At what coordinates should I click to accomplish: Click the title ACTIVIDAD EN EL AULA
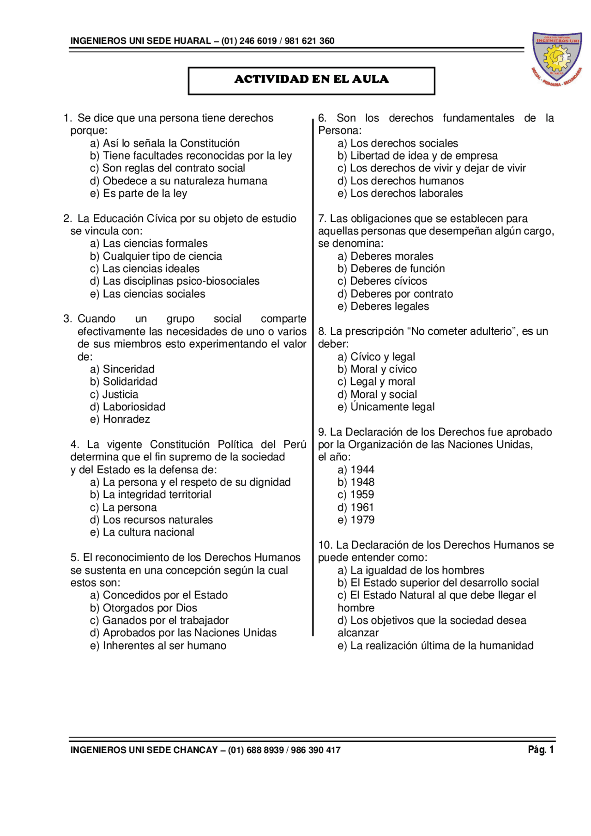pyautogui.click(x=311, y=79)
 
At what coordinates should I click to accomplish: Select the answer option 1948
pyautogui.click(x=356, y=482)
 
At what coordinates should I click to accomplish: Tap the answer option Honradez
pyautogui.click(x=120, y=419)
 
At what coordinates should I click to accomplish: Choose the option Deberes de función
pyautogui.click(x=391, y=268)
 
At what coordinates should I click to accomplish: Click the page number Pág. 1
pyautogui.click(x=541, y=750)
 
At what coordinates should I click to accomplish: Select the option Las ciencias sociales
pyautogui.click(x=148, y=294)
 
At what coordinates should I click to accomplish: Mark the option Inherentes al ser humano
pyautogui.click(x=158, y=646)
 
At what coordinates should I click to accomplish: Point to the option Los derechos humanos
pyautogui.click(x=400, y=181)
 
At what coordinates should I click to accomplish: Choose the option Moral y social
pyautogui.click(x=377, y=394)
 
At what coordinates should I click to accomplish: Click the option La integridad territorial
pyautogui.click(x=151, y=494)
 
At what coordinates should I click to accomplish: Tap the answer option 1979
pyautogui.click(x=356, y=520)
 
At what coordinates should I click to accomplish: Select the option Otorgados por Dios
pyautogui.click(x=144, y=608)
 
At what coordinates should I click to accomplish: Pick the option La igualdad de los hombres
pyautogui.click(x=411, y=570)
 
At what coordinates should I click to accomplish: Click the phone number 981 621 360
pyautogui.click(x=309, y=41)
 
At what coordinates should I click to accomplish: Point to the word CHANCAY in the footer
pyautogui.click(x=195, y=750)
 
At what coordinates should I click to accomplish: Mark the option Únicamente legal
pyautogui.click(x=386, y=407)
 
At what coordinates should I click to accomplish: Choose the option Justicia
pyautogui.click(x=114, y=394)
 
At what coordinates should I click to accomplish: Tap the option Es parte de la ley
pyautogui.click(x=139, y=193)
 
